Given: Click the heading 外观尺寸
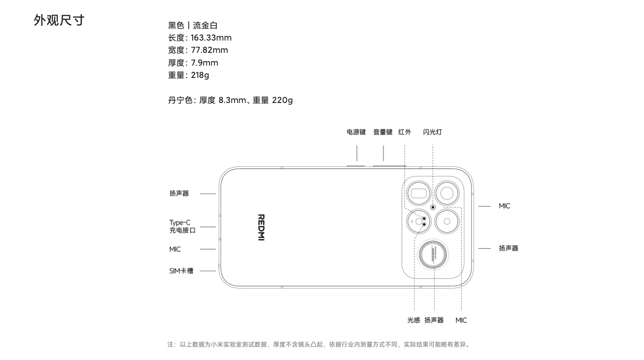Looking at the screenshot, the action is click(59, 21).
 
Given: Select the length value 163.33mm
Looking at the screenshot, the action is click(211, 38).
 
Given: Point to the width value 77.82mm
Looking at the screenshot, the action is click(209, 50).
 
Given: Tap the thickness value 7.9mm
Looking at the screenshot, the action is click(204, 63).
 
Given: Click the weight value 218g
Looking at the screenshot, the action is click(200, 75).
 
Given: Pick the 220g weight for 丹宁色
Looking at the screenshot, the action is click(282, 100).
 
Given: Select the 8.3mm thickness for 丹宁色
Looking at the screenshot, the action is click(232, 100).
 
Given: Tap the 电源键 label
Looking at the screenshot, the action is click(356, 132).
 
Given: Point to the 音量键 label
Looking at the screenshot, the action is click(383, 132).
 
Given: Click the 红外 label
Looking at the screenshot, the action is click(404, 132).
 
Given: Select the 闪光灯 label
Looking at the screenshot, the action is click(432, 132).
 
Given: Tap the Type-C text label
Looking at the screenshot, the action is click(180, 223).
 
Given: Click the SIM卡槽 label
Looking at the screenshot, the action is click(181, 271).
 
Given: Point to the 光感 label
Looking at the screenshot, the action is click(414, 320).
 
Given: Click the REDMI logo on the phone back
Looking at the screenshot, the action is click(261, 227).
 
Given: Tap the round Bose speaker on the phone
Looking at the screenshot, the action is click(434, 255).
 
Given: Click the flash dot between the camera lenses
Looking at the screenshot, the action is click(433, 207).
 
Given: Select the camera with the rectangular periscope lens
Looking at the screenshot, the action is click(419, 193).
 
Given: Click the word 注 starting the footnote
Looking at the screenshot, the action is click(171, 345).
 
